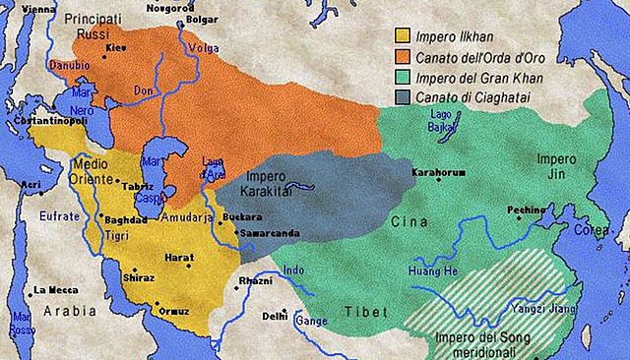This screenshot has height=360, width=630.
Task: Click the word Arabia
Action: coord(62,314)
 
